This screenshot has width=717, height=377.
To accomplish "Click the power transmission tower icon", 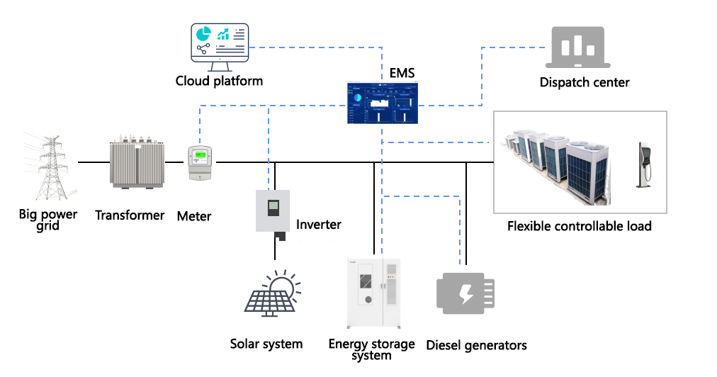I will tap(48, 164).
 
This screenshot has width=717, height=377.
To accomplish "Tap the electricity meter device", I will tap(200, 164).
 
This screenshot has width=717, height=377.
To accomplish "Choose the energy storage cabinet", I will tap(374, 293).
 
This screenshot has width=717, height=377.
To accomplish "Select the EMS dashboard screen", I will tap(382, 103).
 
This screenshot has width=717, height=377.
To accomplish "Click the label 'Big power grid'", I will tap(48, 220).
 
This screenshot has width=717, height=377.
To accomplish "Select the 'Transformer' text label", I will tap(130, 215).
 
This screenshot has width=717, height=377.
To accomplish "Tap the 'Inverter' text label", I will tap(319, 225).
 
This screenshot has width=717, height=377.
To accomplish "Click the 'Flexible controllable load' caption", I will tap(579, 227).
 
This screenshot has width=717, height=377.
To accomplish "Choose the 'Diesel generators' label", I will tap(476, 346).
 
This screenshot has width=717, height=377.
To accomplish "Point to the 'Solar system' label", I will tap(266, 344).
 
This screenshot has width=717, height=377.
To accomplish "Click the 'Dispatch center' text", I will tap(585, 82).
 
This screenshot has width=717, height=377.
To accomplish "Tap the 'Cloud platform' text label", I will tap(219, 81).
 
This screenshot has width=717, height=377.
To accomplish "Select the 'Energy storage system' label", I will tap(372, 349).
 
